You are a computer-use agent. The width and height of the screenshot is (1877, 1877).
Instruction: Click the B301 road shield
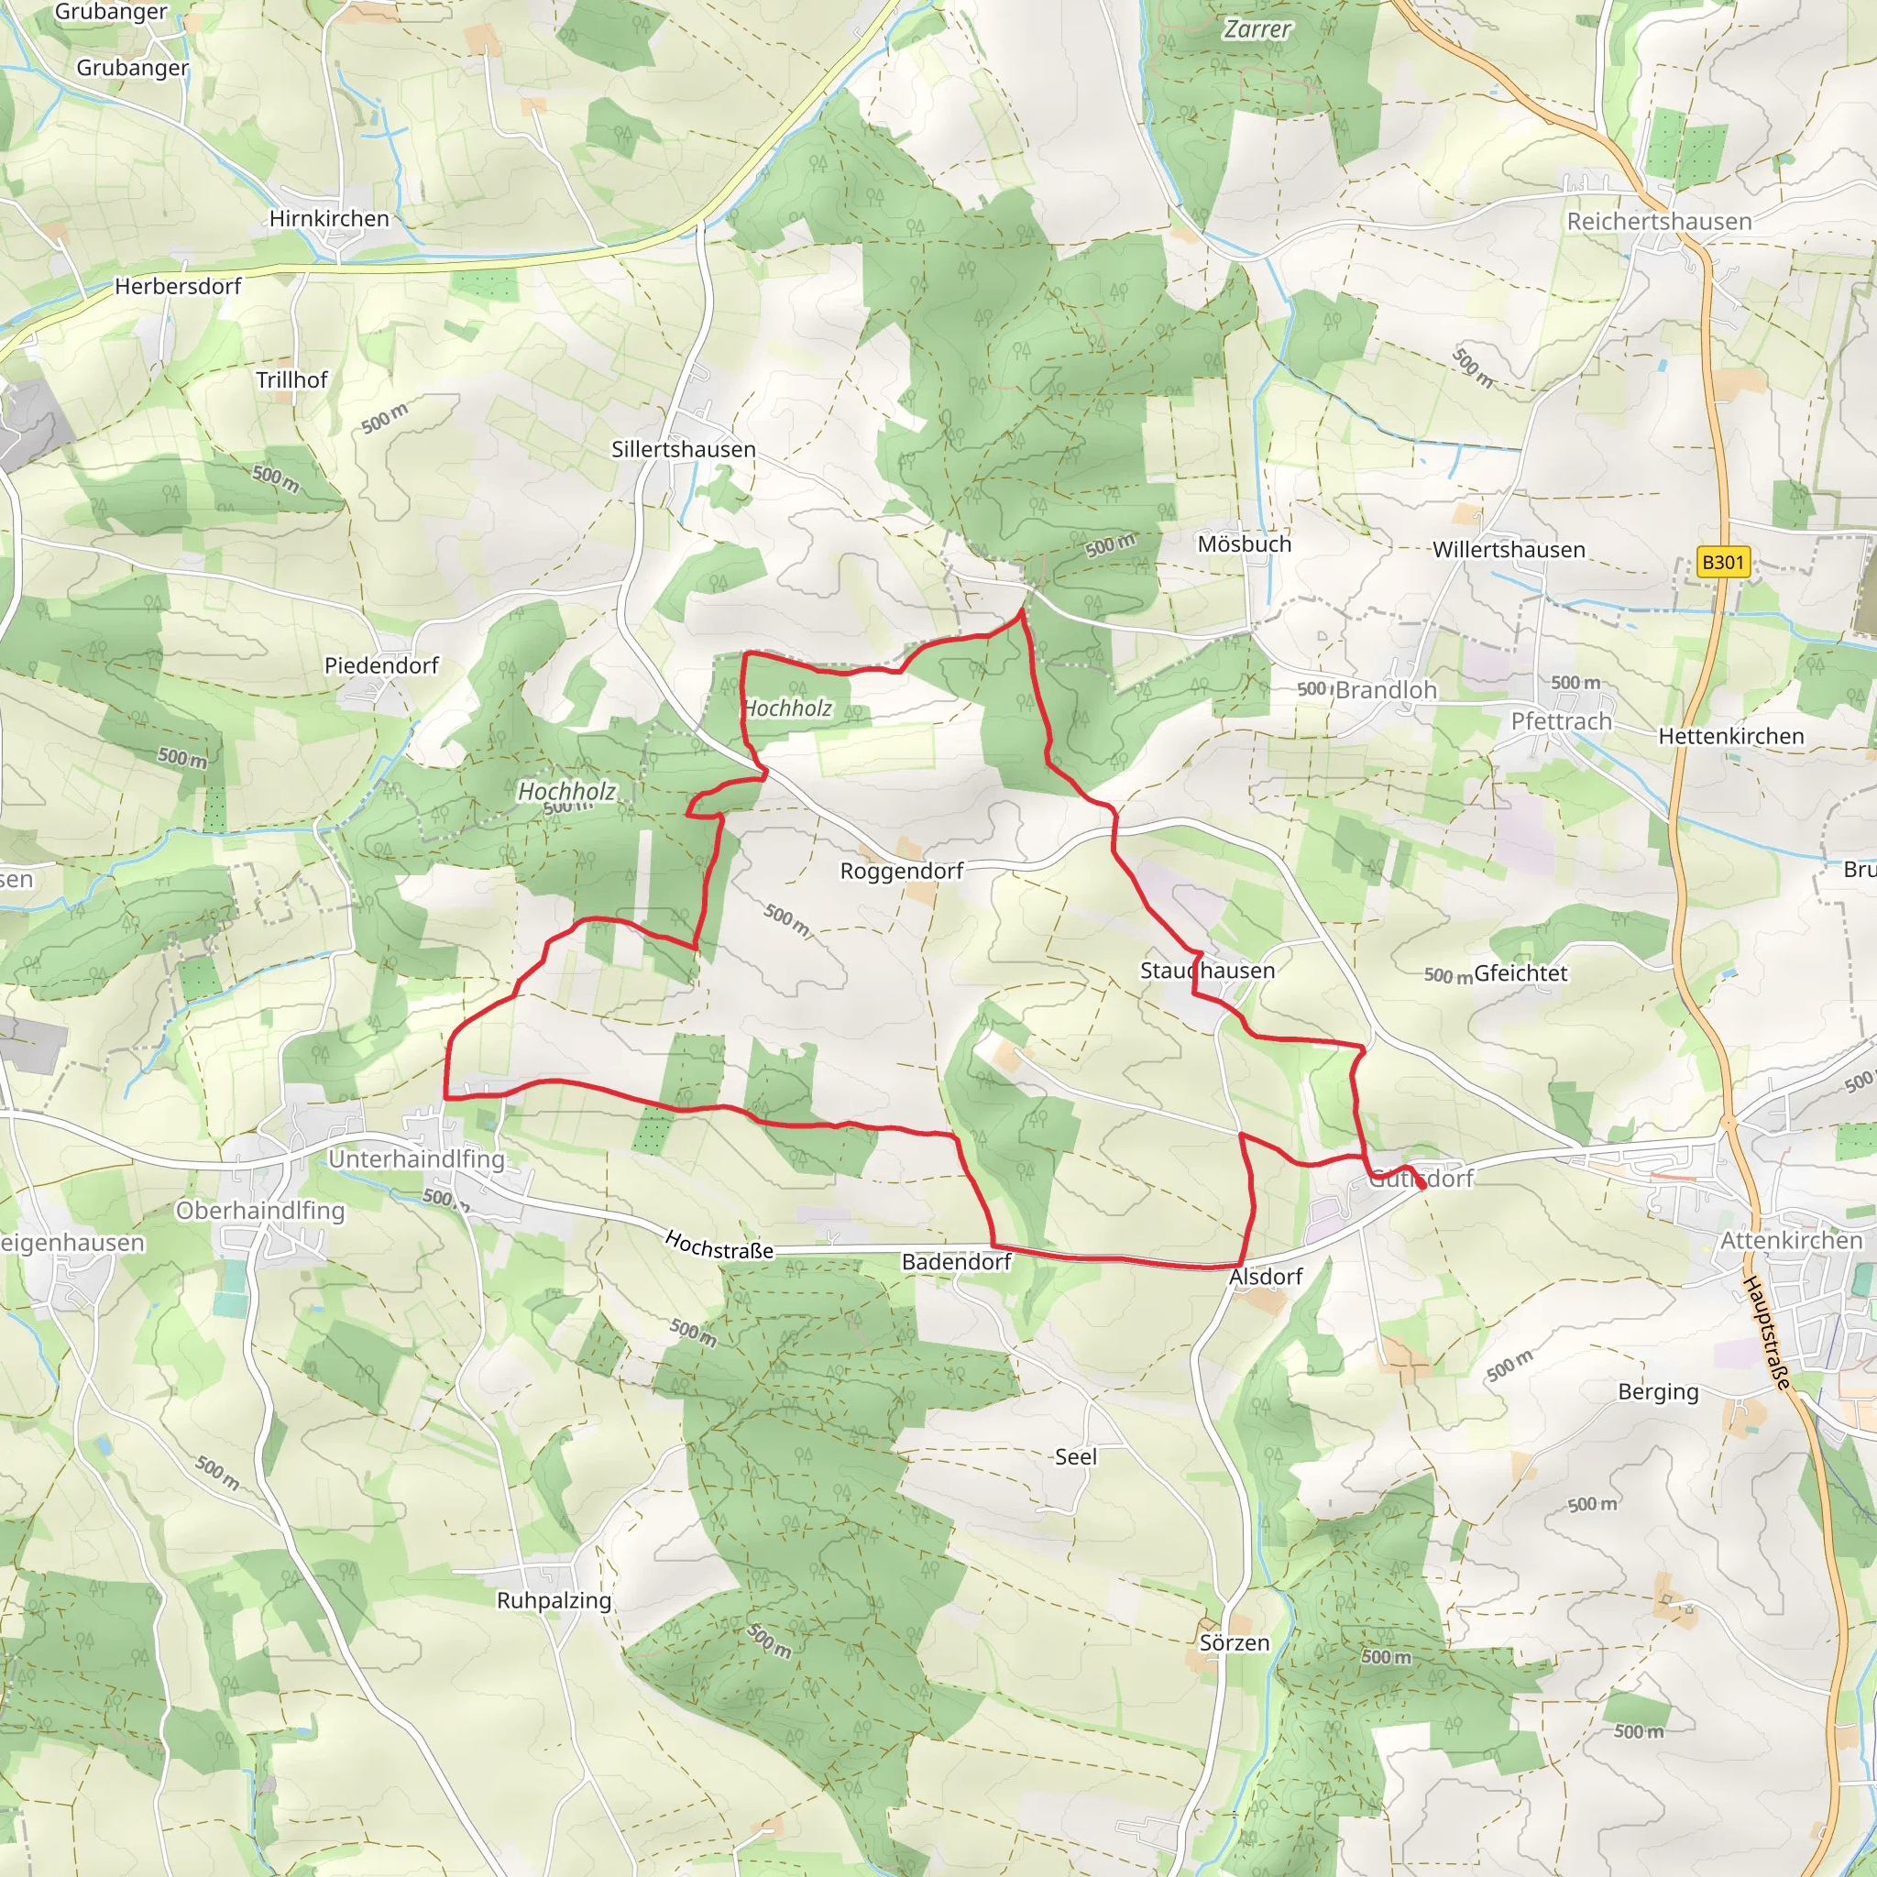tap(1722, 563)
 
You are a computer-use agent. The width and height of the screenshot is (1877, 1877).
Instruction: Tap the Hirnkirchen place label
tap(328, 219)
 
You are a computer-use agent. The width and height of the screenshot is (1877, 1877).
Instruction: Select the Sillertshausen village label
tap(683, 449)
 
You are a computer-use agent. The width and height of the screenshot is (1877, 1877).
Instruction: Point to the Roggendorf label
tap(901, 871)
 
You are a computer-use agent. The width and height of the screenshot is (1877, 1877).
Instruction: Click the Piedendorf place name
tap(381, 665)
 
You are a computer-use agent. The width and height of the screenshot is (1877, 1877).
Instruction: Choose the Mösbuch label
tap(1244, 544)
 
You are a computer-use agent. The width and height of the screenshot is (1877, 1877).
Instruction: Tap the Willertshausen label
tap(1508, 550)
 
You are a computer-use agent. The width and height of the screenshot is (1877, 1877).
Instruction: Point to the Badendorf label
tap(956, 1262)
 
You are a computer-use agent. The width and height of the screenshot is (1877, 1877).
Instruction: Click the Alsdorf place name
tap(1265, 1277)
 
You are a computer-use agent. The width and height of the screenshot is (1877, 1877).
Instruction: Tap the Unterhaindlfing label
tap(416, 1159)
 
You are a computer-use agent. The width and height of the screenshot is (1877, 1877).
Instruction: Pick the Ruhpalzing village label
tap(554, 1600)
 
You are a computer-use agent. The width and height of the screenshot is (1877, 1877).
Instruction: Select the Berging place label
tap(1657, 1391)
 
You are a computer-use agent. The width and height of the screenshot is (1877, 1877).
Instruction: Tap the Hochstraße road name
tap(719, 1246)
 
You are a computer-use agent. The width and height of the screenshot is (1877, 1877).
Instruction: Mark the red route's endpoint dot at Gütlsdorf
tap(1421, 1184)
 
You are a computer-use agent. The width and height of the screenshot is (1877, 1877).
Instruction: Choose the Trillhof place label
tap(291, 379)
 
